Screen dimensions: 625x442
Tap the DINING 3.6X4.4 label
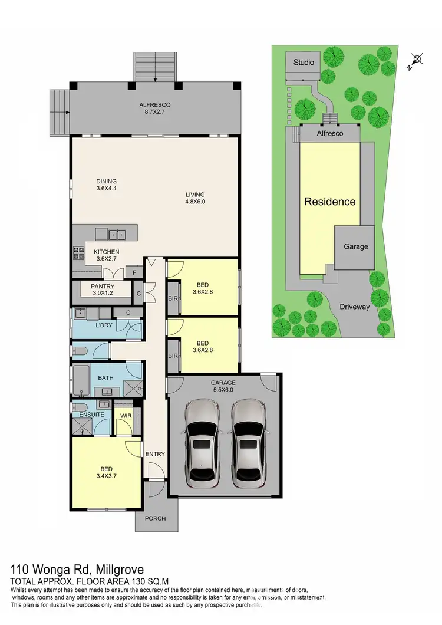point(107,185)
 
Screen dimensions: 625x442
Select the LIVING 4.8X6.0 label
point(194,198)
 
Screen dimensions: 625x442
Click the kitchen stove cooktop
point(78,253)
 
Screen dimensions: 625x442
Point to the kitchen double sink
point(117,234)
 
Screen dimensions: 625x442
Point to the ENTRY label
point(155,454)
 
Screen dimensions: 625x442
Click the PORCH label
point(156,519)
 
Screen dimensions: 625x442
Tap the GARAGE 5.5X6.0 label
point(223,386)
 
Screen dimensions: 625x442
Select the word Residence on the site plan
point(329,202)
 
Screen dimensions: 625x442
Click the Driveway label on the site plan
point(354,307)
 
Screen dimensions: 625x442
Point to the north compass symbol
point(417,60)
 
